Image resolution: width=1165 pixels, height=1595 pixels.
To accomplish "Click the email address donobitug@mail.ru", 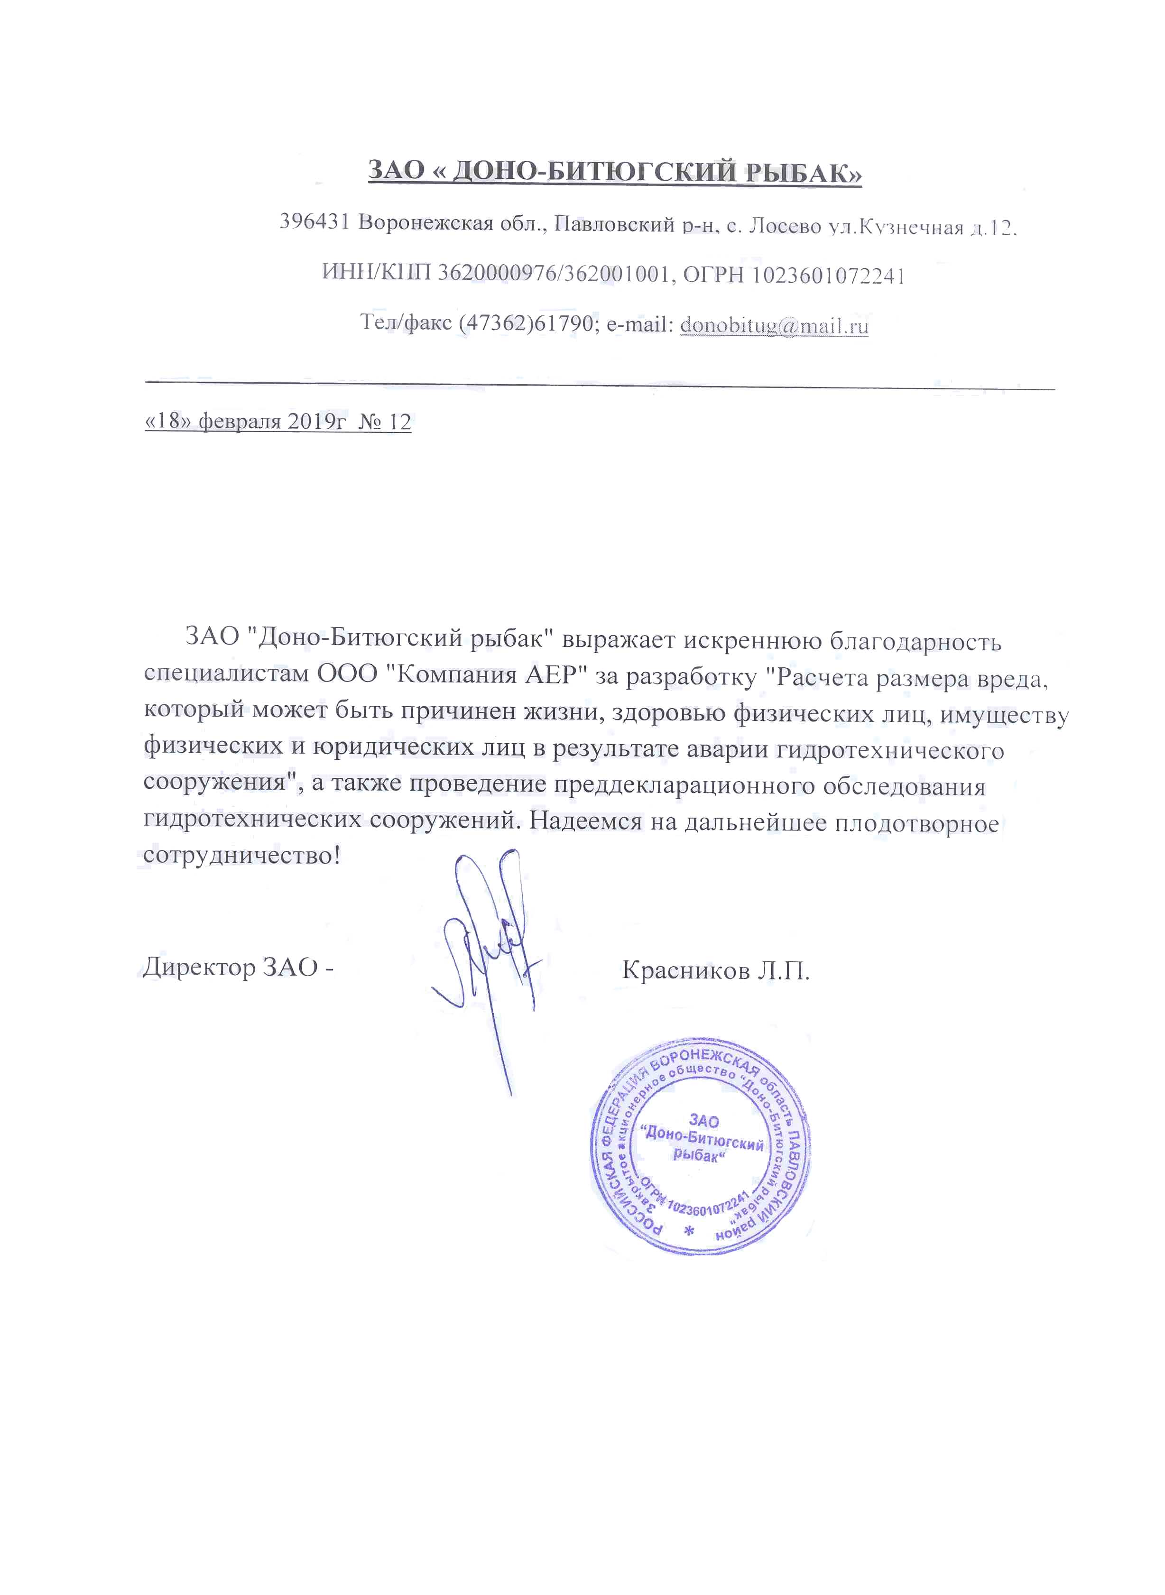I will (x=774, y=326).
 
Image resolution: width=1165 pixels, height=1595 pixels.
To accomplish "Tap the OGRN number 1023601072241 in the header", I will (x=827, y=275).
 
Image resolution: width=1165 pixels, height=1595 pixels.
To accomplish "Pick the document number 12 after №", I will (x=399, y=422).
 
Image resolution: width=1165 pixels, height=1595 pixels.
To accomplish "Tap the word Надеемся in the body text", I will (x=586, y=821).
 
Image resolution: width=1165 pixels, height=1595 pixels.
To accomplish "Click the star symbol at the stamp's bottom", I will (x=690, y=1231).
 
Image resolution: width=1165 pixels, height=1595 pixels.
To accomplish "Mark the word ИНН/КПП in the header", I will (x=376, y=272).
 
